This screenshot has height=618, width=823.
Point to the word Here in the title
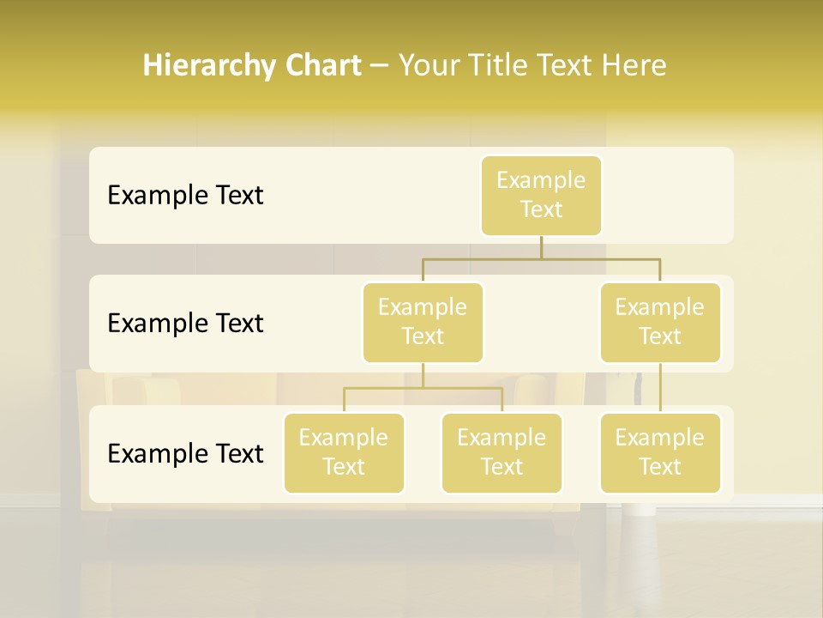(634, 66)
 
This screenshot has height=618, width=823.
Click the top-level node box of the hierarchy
(541, 196)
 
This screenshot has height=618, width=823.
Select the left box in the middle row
(423, 323)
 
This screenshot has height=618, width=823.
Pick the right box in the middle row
(660, 323)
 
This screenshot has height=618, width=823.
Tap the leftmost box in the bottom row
(344, 453)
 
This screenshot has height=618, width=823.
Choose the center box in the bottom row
(502, 453)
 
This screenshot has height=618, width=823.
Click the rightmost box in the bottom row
(660, 453)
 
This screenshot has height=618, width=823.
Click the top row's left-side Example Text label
(185, 196)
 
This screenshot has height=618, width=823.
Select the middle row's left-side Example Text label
(185, 324)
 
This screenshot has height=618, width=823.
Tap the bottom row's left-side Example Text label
(185, 453)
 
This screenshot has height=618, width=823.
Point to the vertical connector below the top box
(541, 247)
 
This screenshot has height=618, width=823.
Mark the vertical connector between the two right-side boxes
(660, 388)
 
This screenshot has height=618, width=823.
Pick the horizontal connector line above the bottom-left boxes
(423, 388)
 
